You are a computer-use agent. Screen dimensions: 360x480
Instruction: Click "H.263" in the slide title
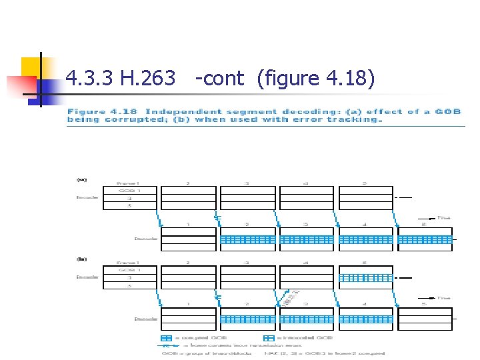[x=149, y=79]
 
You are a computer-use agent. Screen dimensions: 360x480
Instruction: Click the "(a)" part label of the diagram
[x=82, y=179]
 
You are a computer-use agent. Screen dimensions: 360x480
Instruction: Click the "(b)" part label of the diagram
[x=82, y=259]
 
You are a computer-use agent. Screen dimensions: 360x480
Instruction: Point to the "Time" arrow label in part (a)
[x=444, y=217]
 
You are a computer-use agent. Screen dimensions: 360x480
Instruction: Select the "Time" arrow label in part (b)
[x=444, y=298]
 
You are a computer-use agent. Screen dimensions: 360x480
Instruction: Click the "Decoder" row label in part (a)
[x=145, y=239]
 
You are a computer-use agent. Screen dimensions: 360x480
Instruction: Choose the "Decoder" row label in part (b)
[x=145, y=319]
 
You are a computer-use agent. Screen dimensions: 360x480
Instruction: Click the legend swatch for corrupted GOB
[x=167, y=338]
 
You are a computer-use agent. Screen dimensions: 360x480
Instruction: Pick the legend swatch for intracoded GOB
[x=269, y=338]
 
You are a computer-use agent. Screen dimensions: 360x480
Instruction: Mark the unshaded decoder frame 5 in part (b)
[x=425, y=319]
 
